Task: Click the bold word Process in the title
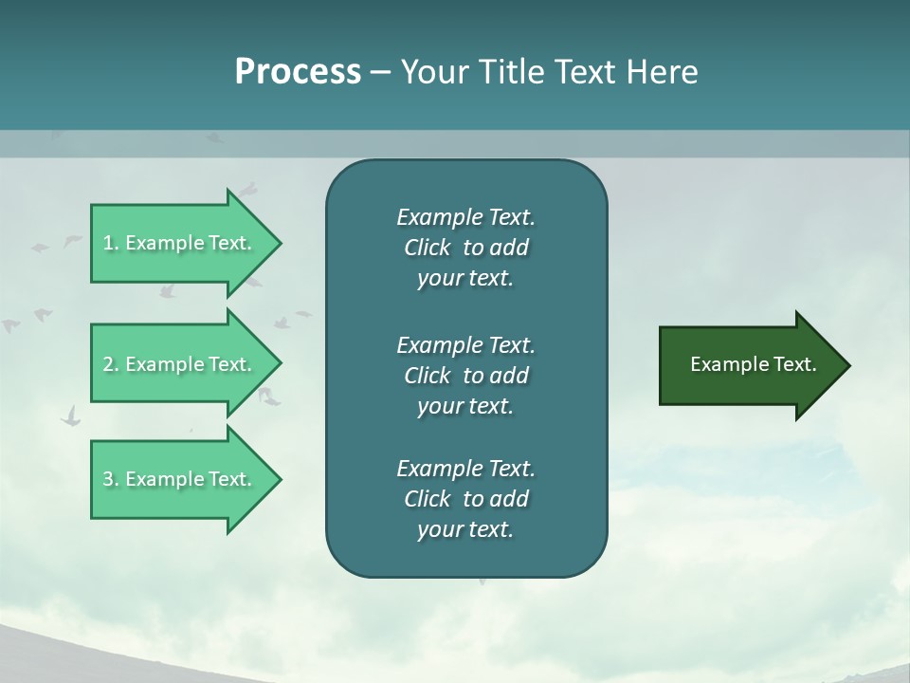tap(298, 72)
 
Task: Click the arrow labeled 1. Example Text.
tap(180, 243)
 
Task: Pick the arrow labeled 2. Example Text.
tap(180, 364)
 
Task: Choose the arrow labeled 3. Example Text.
tap(180, 479)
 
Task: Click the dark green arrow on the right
tap(749, 364)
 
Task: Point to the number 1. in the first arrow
tap(110, 243)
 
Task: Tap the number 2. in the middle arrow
tap(110, 364)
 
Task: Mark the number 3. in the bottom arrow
tap(110, 479)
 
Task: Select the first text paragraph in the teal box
tap(465, 248)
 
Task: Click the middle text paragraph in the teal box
tap(465, 376)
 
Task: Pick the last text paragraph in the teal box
tap(465, 499)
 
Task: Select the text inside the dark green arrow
tap(753, 364)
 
